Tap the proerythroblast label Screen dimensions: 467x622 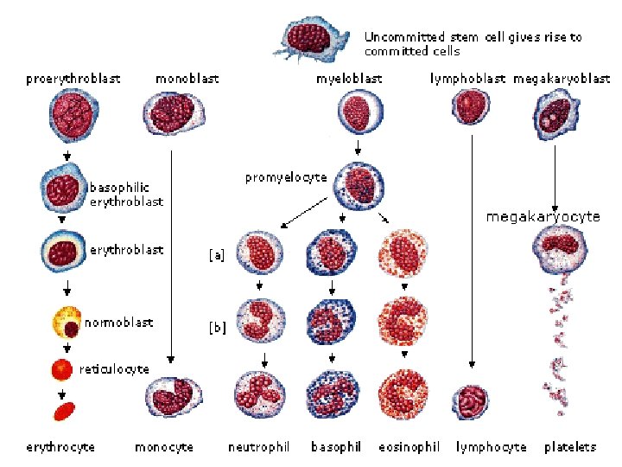pyautogui.click(x=73, y=79)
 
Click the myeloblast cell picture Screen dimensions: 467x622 pyautogui.click(x=357, y=112)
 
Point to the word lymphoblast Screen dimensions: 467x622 pyautogui.click(x=467, y=79)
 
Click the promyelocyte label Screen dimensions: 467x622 pyautogui.click(x=285, y=177)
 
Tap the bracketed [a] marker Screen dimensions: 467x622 pyautogui.click(x=217, y=255)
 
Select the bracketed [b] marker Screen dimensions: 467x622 pyautogui.click(x=217, y=328)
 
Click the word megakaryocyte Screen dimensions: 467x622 pyautogui.click(x=542, y=217)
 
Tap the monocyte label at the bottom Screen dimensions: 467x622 pyautogui.click(x=164, y=447)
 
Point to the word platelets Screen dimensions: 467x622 pyautogui.click(x=569, y=447)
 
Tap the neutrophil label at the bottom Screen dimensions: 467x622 pyautogui.click(x=258, y=447)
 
